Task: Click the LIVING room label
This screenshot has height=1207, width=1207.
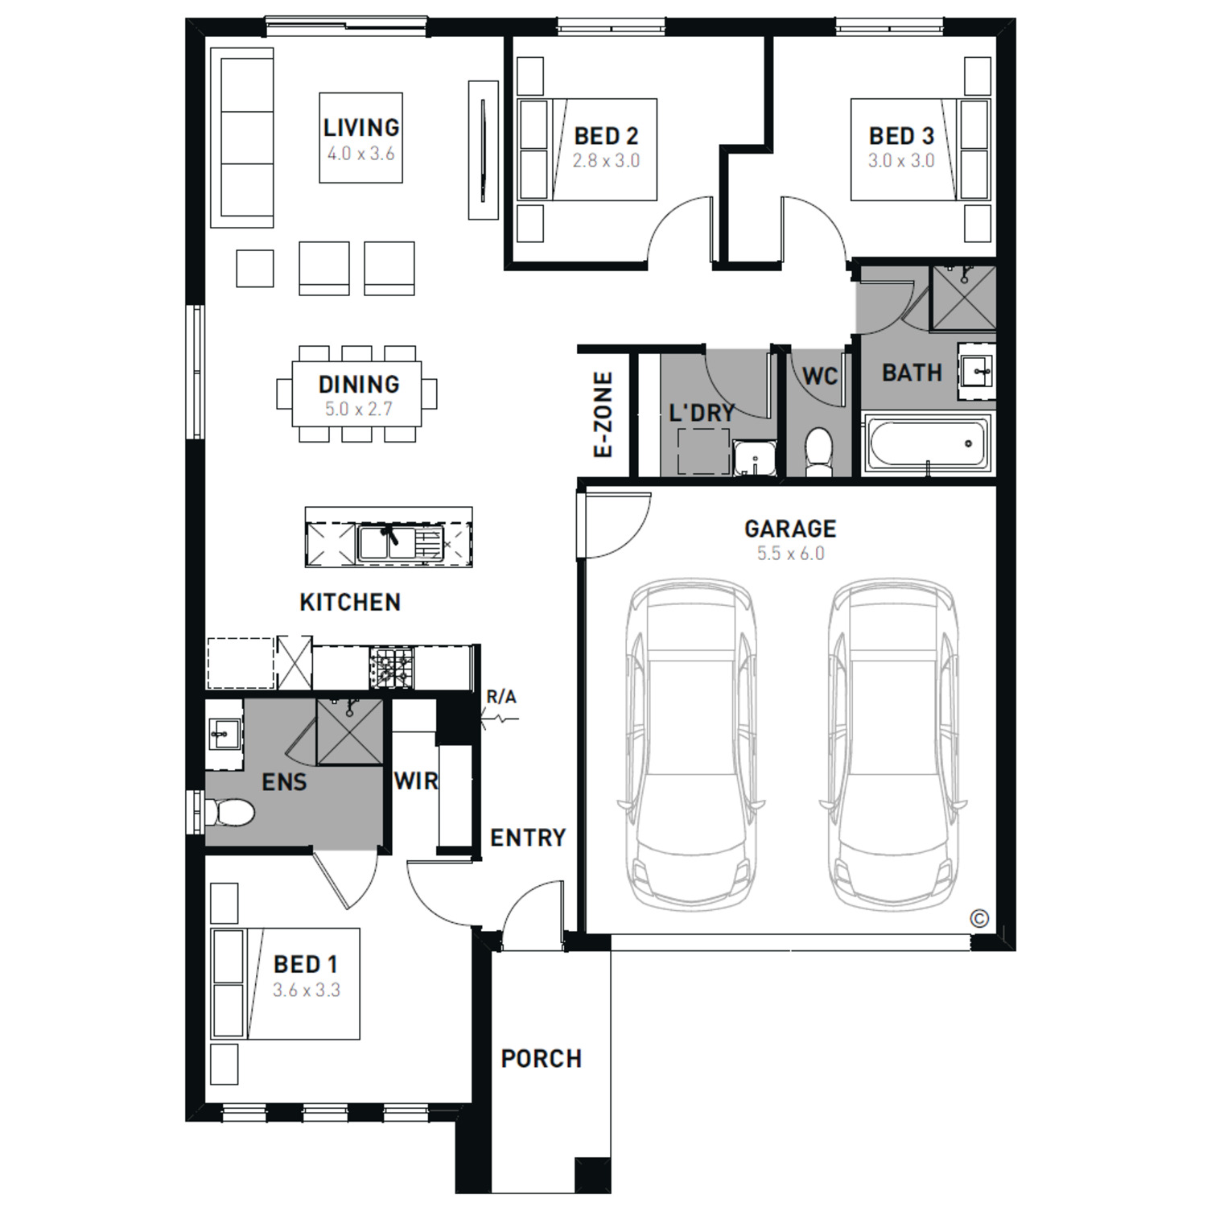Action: (361, 127)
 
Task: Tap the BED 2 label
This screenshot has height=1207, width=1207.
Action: (606, 136)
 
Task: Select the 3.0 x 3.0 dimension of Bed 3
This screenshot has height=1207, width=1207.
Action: (901, 160)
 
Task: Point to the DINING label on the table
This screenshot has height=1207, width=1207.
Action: (359, 384)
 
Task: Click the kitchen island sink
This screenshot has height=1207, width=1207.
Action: (400, 542)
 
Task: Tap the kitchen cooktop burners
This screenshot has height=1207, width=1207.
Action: (392, 667)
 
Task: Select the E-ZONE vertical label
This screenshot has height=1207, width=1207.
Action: (603, 415)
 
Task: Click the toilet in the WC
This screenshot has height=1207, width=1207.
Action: (819, 451)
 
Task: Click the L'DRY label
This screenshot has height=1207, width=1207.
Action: (702, 413)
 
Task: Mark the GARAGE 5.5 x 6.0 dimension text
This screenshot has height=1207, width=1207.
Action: (790, 554)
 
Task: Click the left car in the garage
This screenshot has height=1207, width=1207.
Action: (691, 744)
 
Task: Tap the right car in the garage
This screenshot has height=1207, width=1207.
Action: (893, 744)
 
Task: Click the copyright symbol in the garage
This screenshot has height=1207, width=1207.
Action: (979, 918)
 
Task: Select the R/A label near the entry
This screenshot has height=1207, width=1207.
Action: (501, 697)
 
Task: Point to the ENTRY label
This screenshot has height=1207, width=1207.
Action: (528, 838)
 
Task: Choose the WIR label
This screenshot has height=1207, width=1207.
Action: (416, 780)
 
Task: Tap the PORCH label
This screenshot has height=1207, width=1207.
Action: (541, 1058)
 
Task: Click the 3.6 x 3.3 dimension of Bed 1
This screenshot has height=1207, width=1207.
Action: (307, 990)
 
